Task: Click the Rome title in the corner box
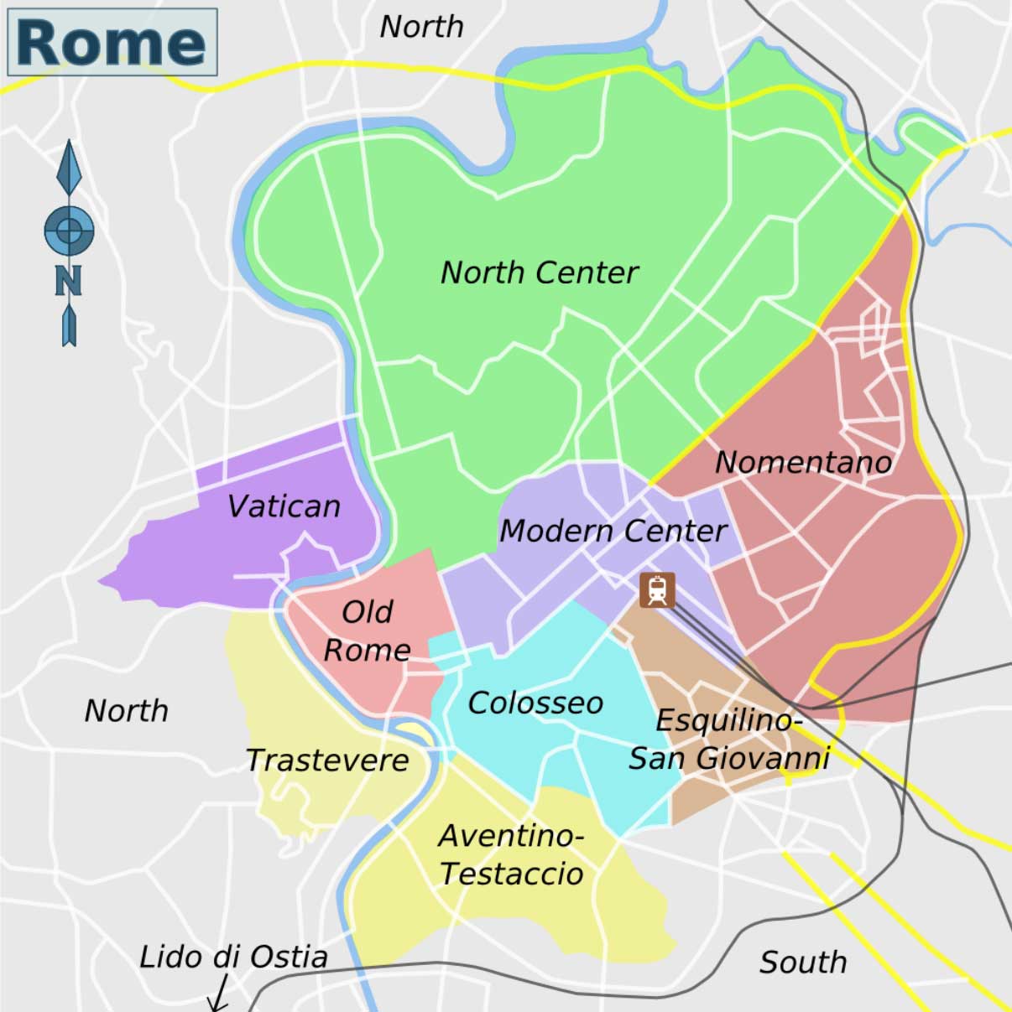[x=111, y=42]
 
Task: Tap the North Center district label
[x=539, y=272]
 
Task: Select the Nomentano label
[x=803, y=462]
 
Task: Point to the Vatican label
[x=284, y=506]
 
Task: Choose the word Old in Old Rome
[x=368, y=612]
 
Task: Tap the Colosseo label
[x=535, y=703]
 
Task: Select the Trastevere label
[x=327, y=760]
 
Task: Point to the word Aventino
[x=510, y=836]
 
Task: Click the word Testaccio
[x=511, y=874]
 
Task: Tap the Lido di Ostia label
[x=233, y=957]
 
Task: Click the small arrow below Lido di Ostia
[x=218, y=995]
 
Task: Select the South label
[x=803, y=963]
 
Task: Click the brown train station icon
[x=657, y=590]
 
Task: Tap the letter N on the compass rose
[x=69, y=281]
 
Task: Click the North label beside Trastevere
[x=126, y=711]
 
